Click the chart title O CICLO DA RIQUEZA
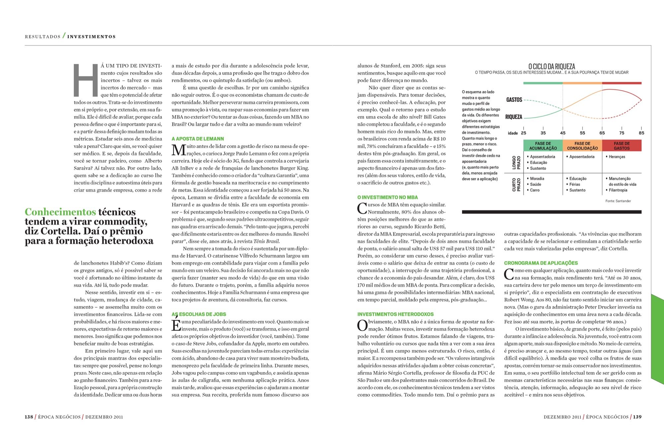click(551, 66)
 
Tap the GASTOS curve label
click(514, 100)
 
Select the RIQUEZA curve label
click(514, 117)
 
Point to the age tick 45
click(563, 133)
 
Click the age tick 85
click(641, 133)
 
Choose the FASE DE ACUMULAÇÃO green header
click(543, 146)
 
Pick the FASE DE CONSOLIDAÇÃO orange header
click(582, 146)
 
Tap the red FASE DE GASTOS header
click(622, 146)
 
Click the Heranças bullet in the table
click(617, 157)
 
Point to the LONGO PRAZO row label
click(516, 163)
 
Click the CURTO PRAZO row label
click(516, 184)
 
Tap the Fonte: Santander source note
click(618, 201)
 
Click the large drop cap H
click(85, 80)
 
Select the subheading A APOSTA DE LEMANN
click(198, 139)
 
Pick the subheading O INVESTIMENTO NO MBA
click(387, 197)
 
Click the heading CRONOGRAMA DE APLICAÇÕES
click(541, 263)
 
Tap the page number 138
click(29, 417)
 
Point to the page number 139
click(637, 417)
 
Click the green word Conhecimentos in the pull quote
click(60, 212)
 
